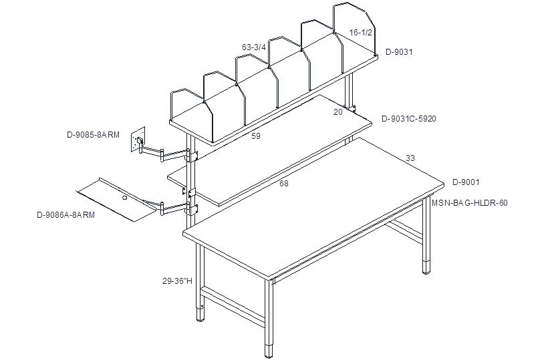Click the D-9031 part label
point(399,52)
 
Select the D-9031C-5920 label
point(409,119)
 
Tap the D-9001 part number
point(466,182)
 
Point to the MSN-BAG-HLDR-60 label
point(470,202)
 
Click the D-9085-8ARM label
point(93,135)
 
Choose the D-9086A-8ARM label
point(65,215)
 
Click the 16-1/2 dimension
point(361,33)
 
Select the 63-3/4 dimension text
point(254,47)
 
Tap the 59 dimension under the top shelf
point(256,136)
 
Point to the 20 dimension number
point(338,112)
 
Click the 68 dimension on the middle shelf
point(284,184)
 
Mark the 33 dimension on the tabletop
point(410,158)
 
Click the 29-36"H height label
point(177,281)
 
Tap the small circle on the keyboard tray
point(125,198)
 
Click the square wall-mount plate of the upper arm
point(138,140)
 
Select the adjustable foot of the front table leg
point(269,351)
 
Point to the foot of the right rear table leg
point(427,266)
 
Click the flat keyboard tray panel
point(117,200)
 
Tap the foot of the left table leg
point(200,313)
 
